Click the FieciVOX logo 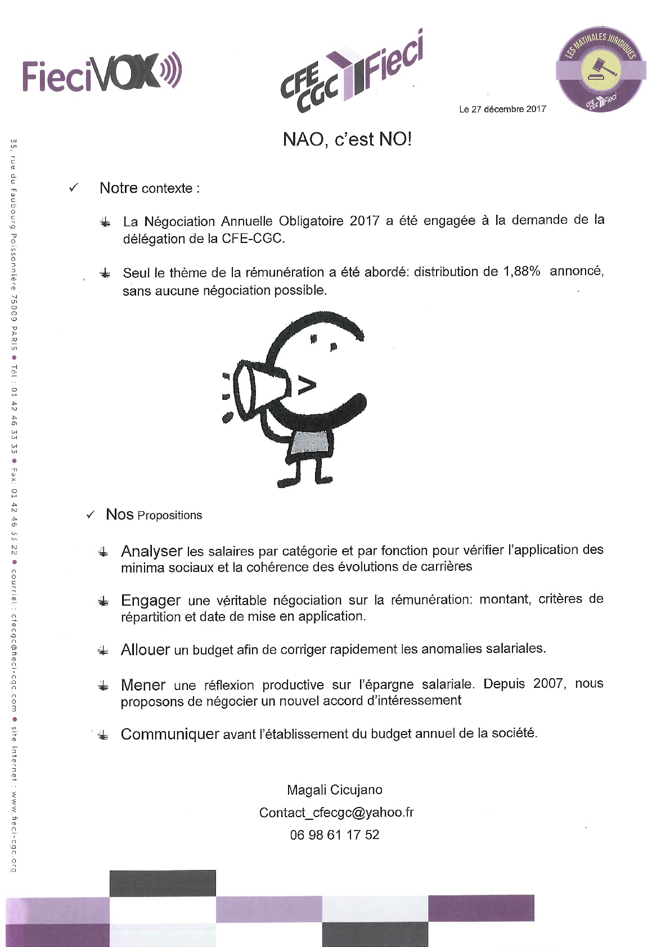[102, 73]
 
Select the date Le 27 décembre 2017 [502, 109]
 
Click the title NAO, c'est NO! [347, 139]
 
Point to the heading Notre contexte [149, 188]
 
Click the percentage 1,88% [519, 271]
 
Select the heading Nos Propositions [154, 515]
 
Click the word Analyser [151, 551]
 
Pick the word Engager [151, 601]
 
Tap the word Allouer [145, 650]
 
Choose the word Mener [143, 685]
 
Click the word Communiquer [170, 734]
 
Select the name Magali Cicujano [334, 790]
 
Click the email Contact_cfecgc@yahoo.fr [336, 812]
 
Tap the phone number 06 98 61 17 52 [334, 835]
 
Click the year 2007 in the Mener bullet [548, 684]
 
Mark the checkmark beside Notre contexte [73, 188]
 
